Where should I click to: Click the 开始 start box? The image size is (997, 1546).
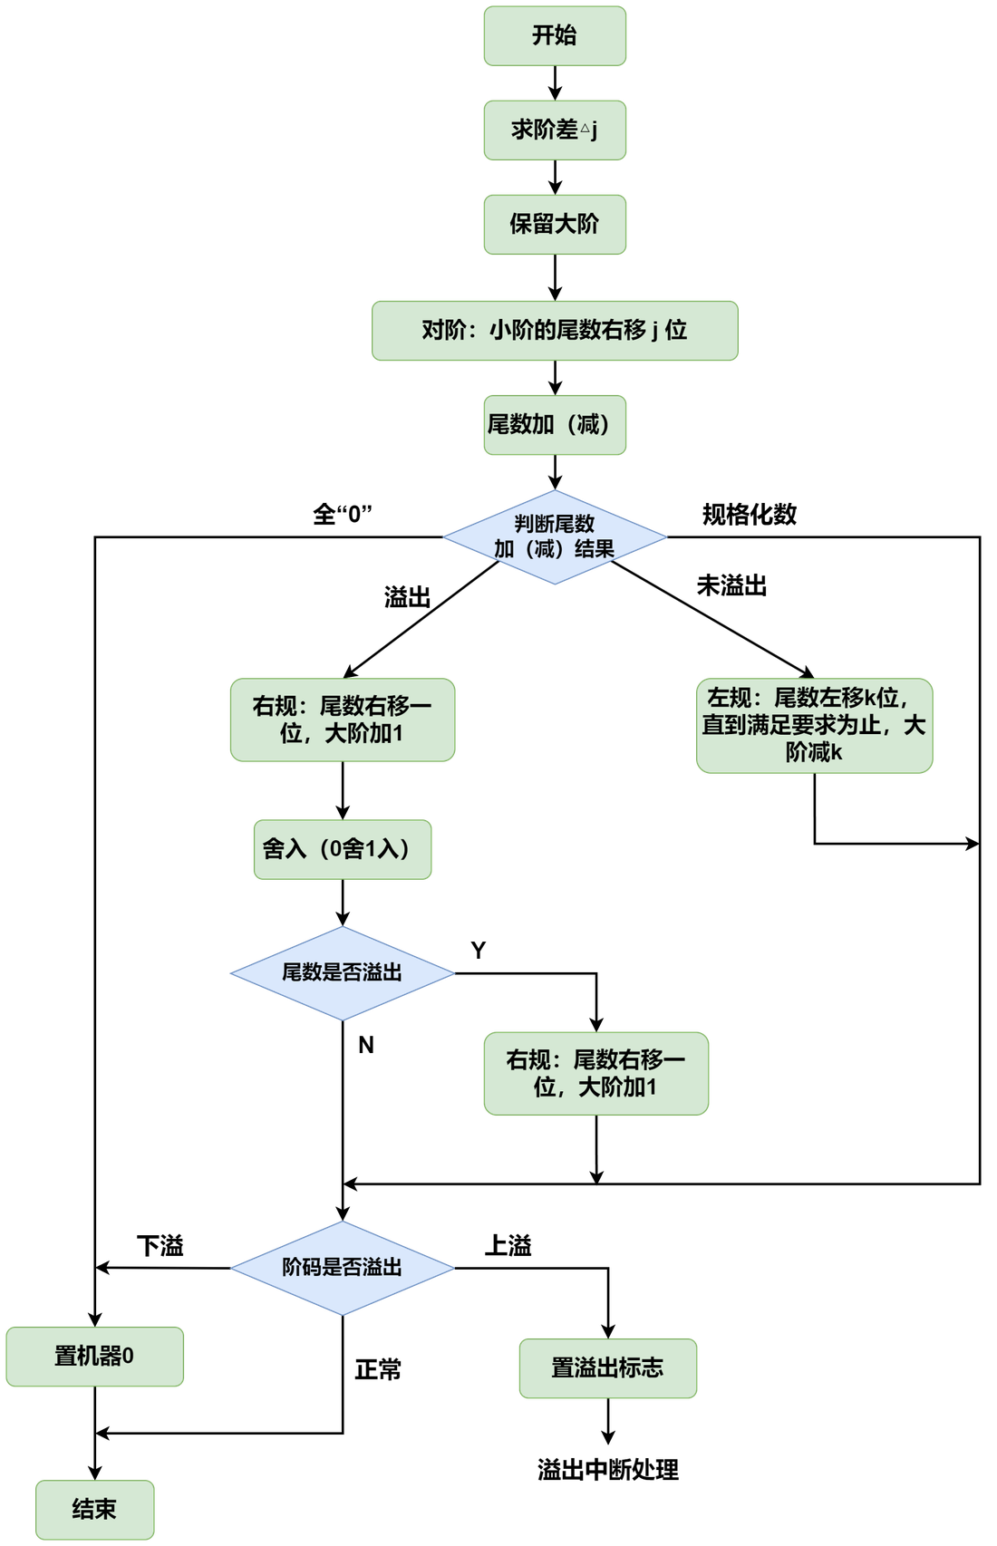pos(555,36)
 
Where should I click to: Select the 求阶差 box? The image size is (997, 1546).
pos(555,130)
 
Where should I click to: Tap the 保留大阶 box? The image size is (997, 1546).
pos(555,225)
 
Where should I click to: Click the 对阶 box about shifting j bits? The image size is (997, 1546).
pos(555,331)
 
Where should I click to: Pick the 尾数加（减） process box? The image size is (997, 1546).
pos(555,425)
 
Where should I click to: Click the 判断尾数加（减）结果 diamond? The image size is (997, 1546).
pos(555,537)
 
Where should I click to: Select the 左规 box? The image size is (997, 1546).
pos(814,725)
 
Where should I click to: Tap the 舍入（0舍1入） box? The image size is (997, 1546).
pos(343,850)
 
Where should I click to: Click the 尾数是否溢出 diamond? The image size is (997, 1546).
pos(343,973)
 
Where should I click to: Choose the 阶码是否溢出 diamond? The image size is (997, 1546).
pos(343,1268)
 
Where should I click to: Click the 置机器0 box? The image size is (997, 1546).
pos(94,1357)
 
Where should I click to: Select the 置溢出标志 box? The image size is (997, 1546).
pos(607,1368)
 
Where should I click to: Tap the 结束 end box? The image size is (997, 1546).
pos(94,1510)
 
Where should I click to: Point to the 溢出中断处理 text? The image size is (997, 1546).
pos(607,1469)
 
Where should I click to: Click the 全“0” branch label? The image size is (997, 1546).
pos(343,514)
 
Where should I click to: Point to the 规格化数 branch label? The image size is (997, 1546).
pos(750,514)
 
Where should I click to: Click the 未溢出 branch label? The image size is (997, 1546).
pos(731,586)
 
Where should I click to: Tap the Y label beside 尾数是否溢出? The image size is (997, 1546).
pos(479,951)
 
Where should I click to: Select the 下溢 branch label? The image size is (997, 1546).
pos(160,1246)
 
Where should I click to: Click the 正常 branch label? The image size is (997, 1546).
pos(378,1369)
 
